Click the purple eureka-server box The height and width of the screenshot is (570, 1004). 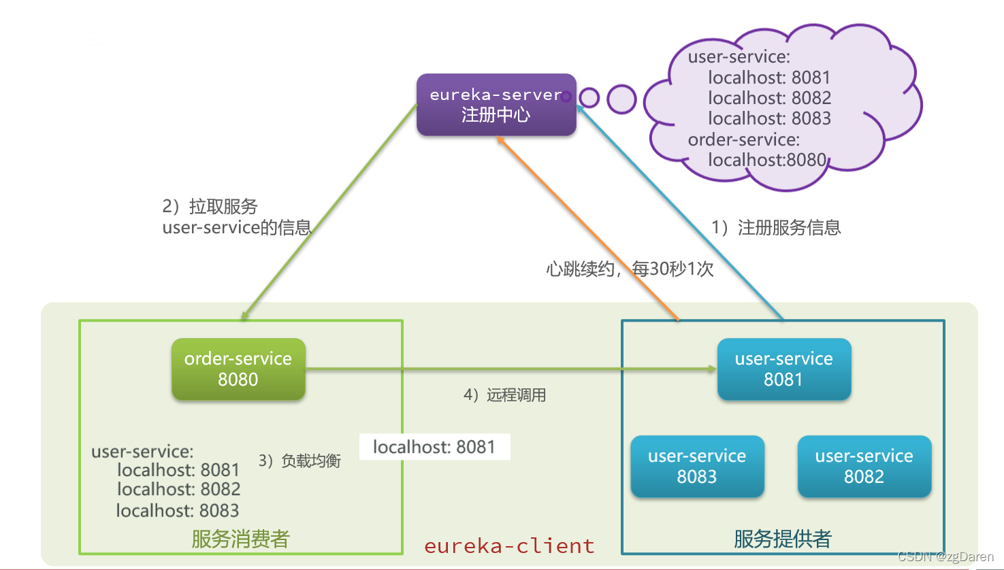click(x=496, y=105)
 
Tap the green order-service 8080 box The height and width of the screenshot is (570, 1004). click(x=238, y=369)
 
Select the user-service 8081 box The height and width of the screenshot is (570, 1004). click(x=783, y=369)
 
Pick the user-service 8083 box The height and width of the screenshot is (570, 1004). click(x=697, y=466)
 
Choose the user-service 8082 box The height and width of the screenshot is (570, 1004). click(x=864, y=466)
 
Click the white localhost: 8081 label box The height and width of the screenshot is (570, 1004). click(x=434, y=447)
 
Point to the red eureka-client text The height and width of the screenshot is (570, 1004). click(x=509, y=546)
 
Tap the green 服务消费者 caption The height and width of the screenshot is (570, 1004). click(x=241, y=539)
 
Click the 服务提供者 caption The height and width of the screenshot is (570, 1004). click(x=783, y=539)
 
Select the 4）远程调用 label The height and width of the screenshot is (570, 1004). click(x=504, y=395)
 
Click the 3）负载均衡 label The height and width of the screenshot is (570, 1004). click(x=299, y=461)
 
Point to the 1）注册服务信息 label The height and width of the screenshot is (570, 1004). click(x=776, y=227)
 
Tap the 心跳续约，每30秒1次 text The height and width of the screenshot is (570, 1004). click(x=630, y=269)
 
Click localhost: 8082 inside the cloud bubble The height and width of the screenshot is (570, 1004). click(x=769, y=98)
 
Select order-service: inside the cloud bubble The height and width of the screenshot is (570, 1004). click(x=743, y=139)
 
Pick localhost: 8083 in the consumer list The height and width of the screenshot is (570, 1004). click(x=178, y=510)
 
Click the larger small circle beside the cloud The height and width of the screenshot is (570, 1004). click(x=621, y=99)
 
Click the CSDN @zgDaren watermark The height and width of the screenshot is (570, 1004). click(x=945, y=556)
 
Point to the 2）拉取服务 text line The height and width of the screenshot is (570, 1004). click(x=210, y=206)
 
